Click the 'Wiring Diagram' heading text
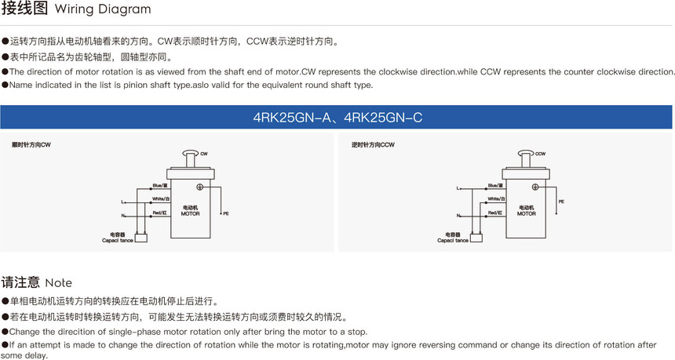click(x=103, y=10)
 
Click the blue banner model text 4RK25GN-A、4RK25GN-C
click(x=337, y=118)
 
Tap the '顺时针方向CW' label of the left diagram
click(x=31, y=145)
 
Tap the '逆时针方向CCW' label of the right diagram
click(x=373, y=145)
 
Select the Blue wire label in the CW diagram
click(x=160, y=186)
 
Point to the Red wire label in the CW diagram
click(x=160, y=213)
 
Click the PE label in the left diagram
click(x=226, y=213)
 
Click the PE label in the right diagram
click(x=561, y=202)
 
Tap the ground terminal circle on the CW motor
click(x=199, y=187)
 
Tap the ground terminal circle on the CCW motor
click(x=535, y=187)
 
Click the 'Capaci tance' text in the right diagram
click(x=453, y=241)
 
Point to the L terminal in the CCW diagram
click(x=458, y=189)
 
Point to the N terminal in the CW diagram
click(x=122, y=215)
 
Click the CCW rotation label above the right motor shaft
click(x=541, y=154)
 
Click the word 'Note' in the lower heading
click(x=59, y=282)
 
